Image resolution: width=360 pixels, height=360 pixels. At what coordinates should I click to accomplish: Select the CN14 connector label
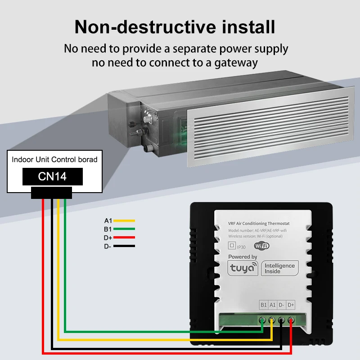[52, 176]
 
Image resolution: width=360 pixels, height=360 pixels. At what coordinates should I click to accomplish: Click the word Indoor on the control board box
[21, 159]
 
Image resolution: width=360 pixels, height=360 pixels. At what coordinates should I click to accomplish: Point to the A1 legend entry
[108, 220]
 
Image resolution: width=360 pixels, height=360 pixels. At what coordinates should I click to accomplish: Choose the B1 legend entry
[108, 229]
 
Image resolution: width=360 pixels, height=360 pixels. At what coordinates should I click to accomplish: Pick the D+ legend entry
[108, 237]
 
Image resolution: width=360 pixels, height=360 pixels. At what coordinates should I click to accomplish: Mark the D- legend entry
[108, 246]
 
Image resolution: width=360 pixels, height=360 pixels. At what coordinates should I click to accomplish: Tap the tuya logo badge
[243, 269]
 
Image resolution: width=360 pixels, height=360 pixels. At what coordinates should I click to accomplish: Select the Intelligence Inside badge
[279, 268]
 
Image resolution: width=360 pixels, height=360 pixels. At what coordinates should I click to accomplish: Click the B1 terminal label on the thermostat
[264, 305]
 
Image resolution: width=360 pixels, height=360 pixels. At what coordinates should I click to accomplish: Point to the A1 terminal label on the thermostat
[273, 305]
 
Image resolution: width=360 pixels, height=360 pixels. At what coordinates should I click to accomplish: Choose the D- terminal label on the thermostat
[282, 305]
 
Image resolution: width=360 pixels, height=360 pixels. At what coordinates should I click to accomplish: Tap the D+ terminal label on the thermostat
[291, 305]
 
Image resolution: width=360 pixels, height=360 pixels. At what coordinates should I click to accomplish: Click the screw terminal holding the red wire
[291, 321]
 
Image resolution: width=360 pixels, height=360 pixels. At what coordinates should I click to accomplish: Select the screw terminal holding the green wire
[263, 321]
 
